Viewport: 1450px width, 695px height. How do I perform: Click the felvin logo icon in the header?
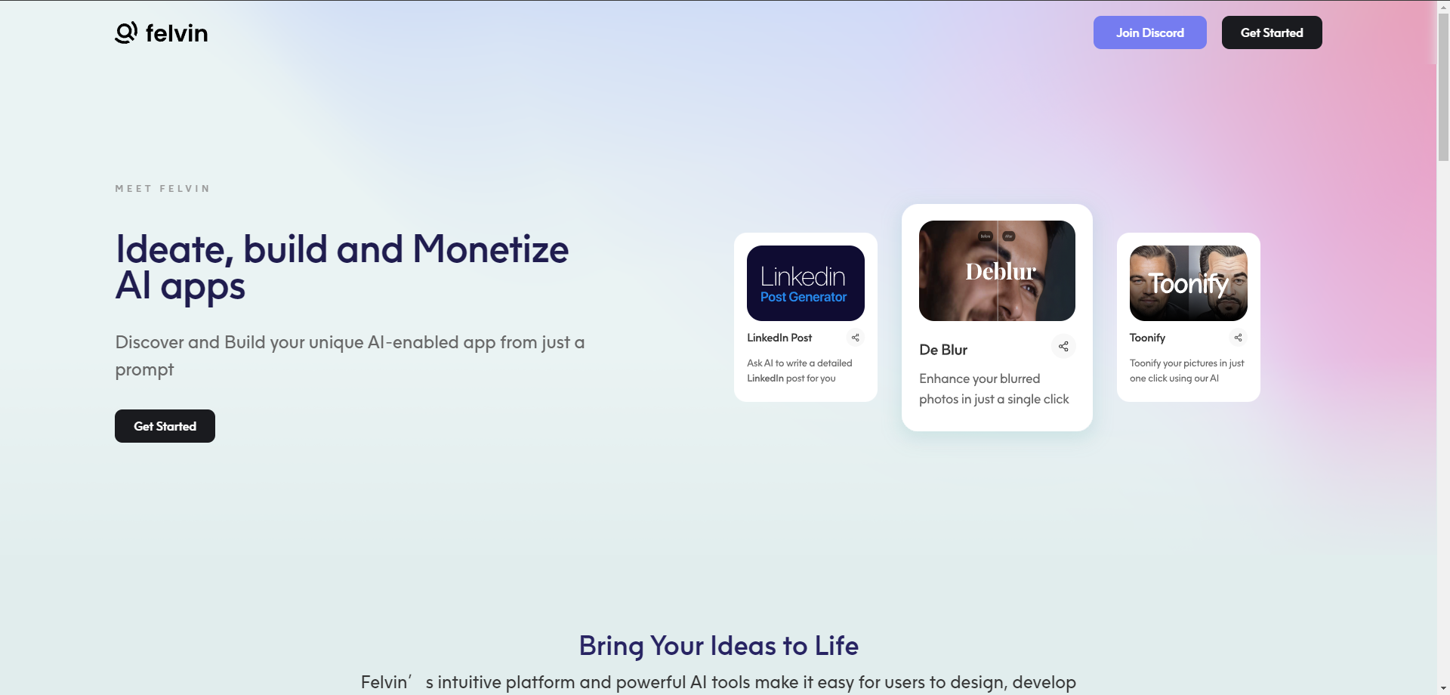click(126, 32)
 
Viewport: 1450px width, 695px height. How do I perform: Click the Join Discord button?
click(1149, 32)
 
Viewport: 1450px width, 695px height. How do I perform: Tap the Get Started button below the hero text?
click(165, 426)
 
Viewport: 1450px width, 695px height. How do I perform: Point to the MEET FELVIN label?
click(162, 189)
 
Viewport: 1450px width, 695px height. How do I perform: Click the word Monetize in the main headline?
click(490, 249)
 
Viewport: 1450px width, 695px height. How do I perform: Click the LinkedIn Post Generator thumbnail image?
click(806, 283)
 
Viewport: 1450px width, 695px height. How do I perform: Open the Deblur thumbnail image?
click(997, 270)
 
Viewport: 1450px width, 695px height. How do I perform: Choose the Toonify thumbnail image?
click(1189, 283)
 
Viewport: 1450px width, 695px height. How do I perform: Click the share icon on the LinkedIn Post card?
click(856, 338)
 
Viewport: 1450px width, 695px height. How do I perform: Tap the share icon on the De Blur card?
click(1063, 346)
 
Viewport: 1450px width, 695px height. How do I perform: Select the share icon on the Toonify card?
click(1239, 338)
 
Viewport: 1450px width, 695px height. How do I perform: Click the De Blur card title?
click(943, 350)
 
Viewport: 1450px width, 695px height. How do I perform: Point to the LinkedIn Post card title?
click(779, 338)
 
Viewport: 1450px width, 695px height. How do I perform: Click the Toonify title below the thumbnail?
click(1147, 338)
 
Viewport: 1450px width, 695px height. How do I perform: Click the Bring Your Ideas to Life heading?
click(719, 646)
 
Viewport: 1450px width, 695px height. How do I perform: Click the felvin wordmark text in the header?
click(177, 33)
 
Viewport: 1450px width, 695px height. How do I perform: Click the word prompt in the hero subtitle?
click(144, 370)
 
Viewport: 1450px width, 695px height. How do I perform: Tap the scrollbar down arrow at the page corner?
click(1443, 688)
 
